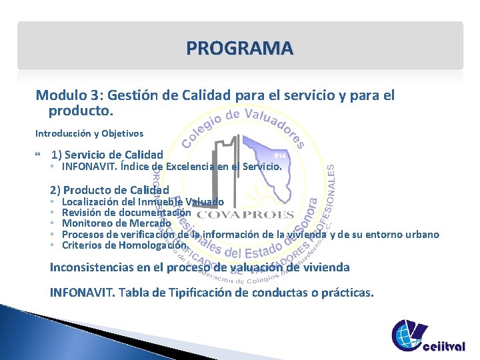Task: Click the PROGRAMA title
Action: coord(239,48)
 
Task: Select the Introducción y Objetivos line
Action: coord(89,133)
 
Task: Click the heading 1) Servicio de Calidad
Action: coord(107,155)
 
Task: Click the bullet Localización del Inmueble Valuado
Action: coord(143,201)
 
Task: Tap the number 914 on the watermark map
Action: coord(280,155)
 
